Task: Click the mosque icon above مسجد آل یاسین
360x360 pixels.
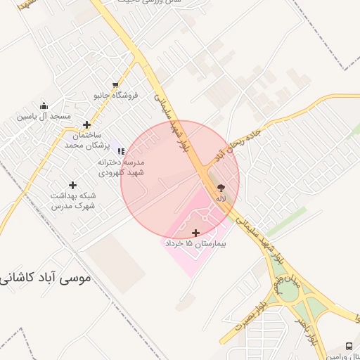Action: point(44,105)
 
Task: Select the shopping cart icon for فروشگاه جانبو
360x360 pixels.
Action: point(115,84)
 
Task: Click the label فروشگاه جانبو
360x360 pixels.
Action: point(116,94)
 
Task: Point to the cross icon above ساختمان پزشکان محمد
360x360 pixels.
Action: point(86,124)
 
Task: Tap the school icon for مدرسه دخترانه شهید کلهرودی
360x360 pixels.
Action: point(121,151)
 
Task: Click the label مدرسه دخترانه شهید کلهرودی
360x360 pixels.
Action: point(120,167)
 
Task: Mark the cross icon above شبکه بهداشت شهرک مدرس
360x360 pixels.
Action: point(72,185)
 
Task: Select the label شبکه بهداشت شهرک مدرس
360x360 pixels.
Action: point(73,200)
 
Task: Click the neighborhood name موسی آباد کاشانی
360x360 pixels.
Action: point(45,278)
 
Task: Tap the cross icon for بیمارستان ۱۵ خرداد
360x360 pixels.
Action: point(195,233)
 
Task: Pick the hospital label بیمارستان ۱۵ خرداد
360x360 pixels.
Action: point(193,243)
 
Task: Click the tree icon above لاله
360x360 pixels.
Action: point(221,188)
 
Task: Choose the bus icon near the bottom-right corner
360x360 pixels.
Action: point(349,347)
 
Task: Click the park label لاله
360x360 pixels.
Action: point(221,198)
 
